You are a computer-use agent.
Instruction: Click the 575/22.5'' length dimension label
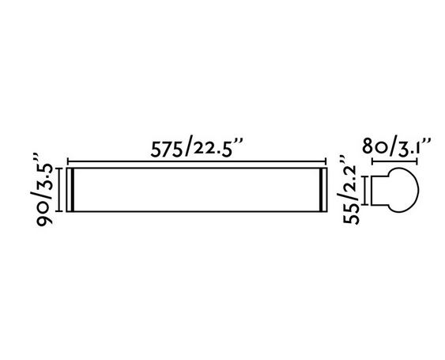point(197,147)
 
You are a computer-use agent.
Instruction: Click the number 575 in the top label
point(166,149)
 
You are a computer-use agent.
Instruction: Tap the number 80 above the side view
point(374,146)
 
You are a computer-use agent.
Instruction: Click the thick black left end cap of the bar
point(73,190)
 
